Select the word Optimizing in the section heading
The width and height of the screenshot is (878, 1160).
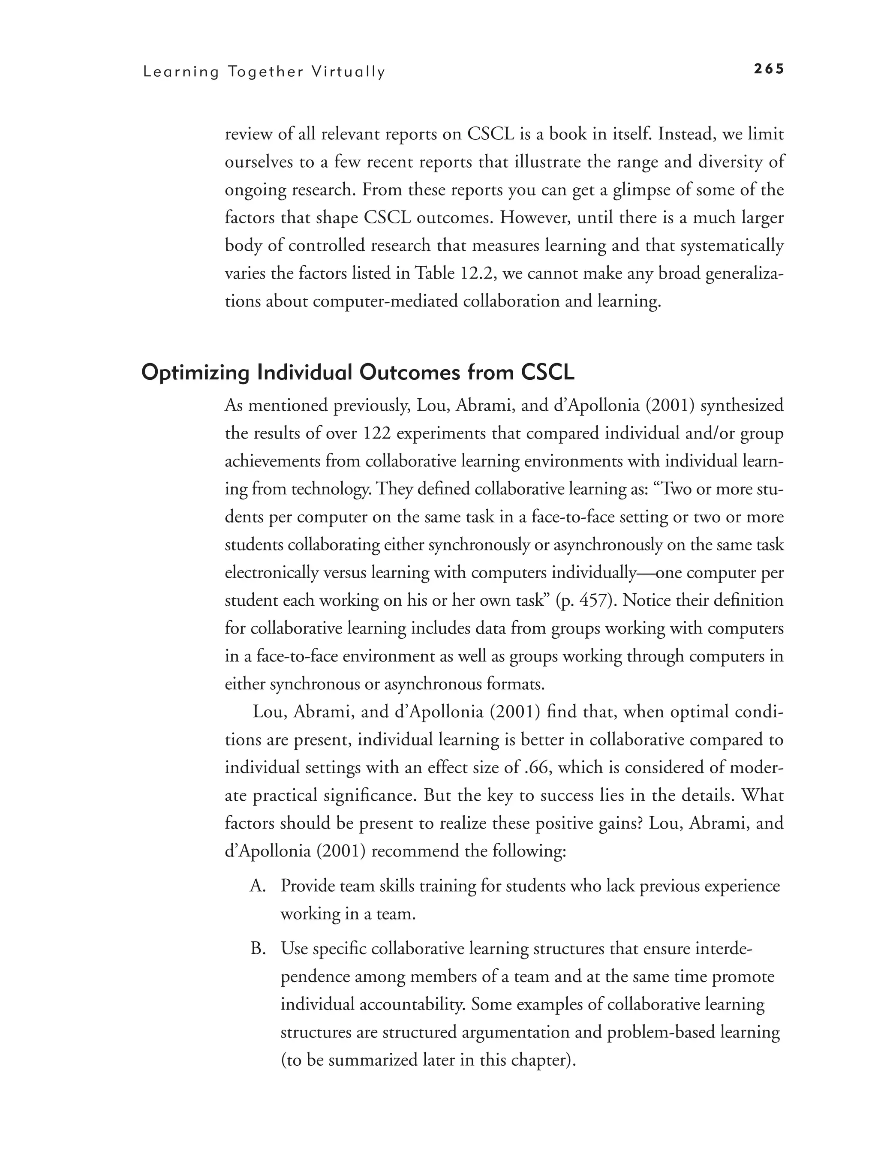[195, 373]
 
